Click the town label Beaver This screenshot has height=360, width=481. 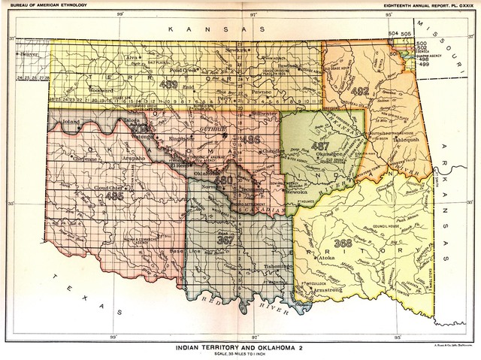[x=29, y=54]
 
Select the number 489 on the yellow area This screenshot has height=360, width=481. [x=168, y=83]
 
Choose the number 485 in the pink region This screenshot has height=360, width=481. [x=115, y=196]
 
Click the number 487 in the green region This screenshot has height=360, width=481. [x=320, y=147]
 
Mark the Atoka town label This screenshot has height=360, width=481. [x=326, y=258]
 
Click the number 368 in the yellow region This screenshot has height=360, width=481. [x=343, y=243]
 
